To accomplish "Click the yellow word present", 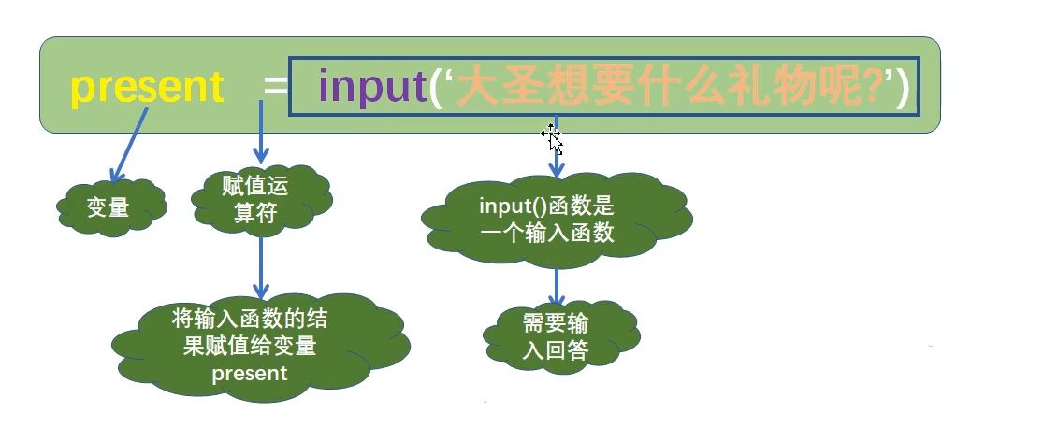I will click(x=147, y=87).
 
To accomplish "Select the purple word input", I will click(x=371, y=87).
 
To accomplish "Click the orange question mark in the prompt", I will click(x=874, y=87).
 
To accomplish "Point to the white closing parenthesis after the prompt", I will click(x=902, y=87).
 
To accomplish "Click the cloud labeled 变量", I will click(x=109, y=207).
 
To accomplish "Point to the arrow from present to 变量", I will click(x=129, y=144).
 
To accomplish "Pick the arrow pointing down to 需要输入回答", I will click(x=557, y=285).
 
